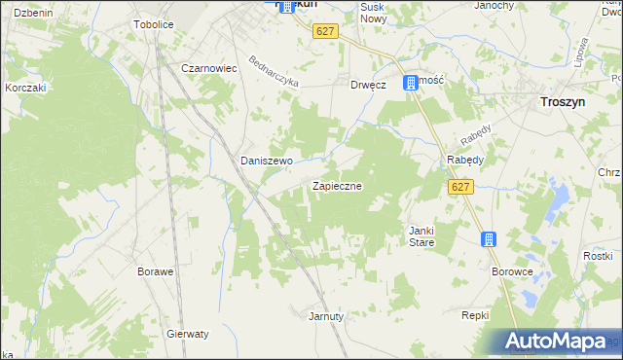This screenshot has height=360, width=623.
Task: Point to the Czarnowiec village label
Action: (x=209, y=69)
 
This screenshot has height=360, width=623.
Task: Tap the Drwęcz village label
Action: (x=369, y=85)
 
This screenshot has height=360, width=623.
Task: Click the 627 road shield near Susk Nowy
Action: (x=326, y=32)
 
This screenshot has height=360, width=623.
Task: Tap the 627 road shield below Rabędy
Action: (x=461, y=186)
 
